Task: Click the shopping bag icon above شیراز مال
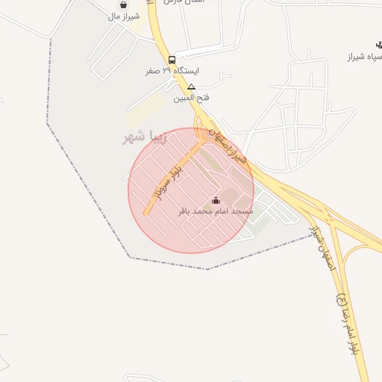coord(122,4)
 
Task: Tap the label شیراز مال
coord(124,16)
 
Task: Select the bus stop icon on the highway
coord(172,59)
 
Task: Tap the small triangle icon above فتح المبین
coord(192,87)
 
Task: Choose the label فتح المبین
coord(191,98)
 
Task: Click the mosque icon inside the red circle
coord(216,200)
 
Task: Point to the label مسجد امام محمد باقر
coord(216,212)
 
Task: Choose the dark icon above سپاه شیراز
coord(379,44)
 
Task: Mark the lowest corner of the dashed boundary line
coord(208,269)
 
